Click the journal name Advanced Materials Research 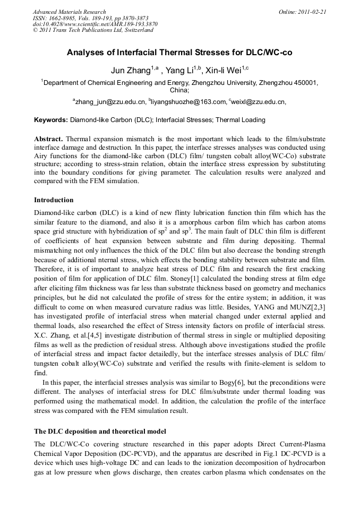click(69, 12)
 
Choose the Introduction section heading click(54, 200)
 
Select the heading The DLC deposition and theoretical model click(100, 431)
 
